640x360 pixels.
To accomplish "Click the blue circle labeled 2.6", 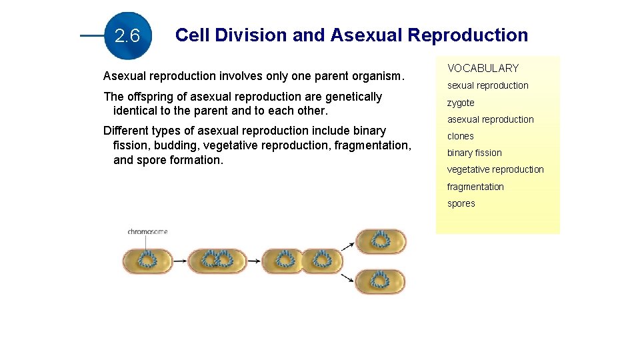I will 127,36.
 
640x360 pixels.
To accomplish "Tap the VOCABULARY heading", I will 483,68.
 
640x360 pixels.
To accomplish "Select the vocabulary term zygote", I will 461,103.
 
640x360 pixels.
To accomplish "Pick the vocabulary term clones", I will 461,136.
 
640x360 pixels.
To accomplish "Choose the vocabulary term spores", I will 461,203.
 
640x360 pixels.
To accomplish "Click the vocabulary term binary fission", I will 475,153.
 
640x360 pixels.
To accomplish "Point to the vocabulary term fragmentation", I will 475,187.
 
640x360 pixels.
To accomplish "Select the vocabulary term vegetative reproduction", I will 495,169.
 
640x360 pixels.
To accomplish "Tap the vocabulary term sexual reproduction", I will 487,85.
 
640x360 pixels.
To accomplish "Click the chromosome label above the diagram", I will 147,232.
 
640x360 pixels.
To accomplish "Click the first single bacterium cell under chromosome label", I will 146,261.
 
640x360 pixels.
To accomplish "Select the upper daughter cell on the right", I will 380,241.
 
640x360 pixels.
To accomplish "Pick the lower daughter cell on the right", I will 380,281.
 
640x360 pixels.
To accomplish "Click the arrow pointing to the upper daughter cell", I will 347,245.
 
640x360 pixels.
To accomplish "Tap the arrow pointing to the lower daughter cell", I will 347,276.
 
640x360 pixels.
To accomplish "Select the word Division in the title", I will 255,35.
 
